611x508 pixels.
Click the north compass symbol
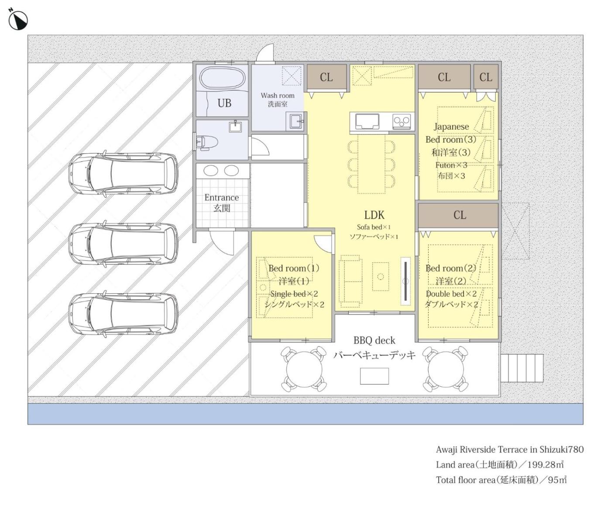18,20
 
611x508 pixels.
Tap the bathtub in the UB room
222,78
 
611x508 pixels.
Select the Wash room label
278,96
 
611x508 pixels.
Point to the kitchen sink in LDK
367,121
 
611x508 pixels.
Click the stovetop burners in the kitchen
402,121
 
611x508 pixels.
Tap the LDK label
374,215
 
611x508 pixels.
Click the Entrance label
222,198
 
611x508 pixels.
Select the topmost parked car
123,174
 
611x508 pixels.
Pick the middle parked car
123,244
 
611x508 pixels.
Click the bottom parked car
123,314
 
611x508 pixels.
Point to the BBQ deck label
374,340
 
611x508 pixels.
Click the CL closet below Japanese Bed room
458,215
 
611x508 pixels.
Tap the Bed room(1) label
294,268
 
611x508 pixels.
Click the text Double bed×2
451,294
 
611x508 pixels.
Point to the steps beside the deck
522,368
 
